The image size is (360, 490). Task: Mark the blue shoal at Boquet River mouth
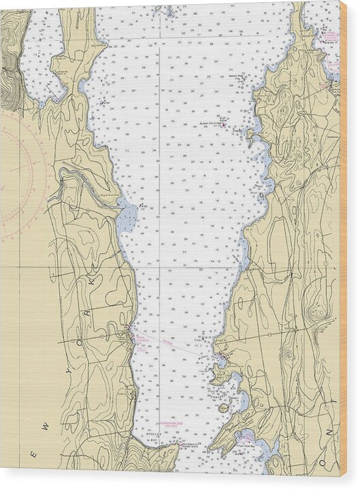click(127, 218)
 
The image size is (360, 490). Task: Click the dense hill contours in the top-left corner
click(10, 68)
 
